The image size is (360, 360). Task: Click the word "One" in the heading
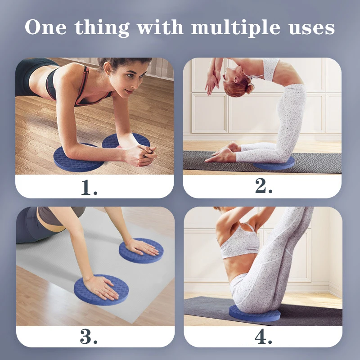tap(46, 27)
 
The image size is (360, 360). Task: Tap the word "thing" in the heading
tap(102, 28)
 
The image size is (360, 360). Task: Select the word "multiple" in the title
tap(235, 28)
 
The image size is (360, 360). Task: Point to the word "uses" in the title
tap(311, 28)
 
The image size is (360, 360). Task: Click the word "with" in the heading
tap(160, 27)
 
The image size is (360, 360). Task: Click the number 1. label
tap(89, 187)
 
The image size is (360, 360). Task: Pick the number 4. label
tap(263, 337)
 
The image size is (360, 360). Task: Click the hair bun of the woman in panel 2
tap(249, 88)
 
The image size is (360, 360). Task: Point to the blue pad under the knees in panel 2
tap(274, 164)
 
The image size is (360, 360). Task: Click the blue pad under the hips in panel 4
tap(255, 314)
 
